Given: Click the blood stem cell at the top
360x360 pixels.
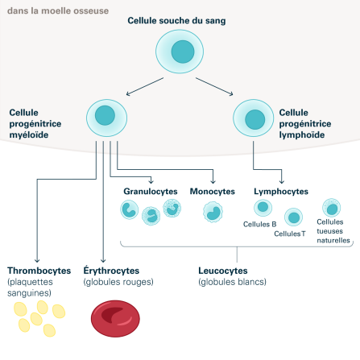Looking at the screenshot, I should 179,53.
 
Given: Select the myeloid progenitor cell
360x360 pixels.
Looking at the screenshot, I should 106,117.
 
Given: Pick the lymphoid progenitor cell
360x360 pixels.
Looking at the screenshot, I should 254,118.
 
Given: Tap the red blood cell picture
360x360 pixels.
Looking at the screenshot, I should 114,319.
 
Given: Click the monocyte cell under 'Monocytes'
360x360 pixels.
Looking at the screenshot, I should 213,212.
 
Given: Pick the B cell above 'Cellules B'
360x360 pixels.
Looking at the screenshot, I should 263,208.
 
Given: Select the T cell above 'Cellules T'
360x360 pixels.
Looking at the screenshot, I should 294,217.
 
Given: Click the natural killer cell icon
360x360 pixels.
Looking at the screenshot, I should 331,207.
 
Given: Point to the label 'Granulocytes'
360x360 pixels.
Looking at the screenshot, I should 150,192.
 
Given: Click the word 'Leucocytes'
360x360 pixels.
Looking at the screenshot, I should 222,271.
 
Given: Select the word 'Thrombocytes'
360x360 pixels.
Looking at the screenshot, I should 39,271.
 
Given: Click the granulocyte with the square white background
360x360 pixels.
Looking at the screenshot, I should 129,210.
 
